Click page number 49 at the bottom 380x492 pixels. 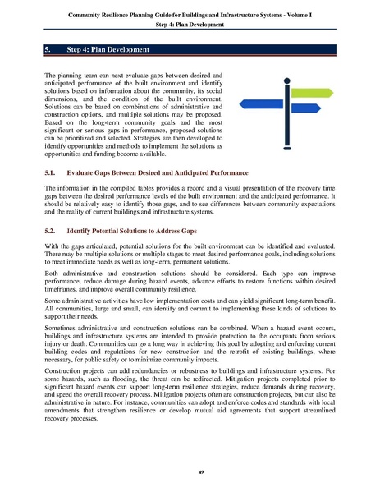[190, 471]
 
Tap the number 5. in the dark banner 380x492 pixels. [48, 50]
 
